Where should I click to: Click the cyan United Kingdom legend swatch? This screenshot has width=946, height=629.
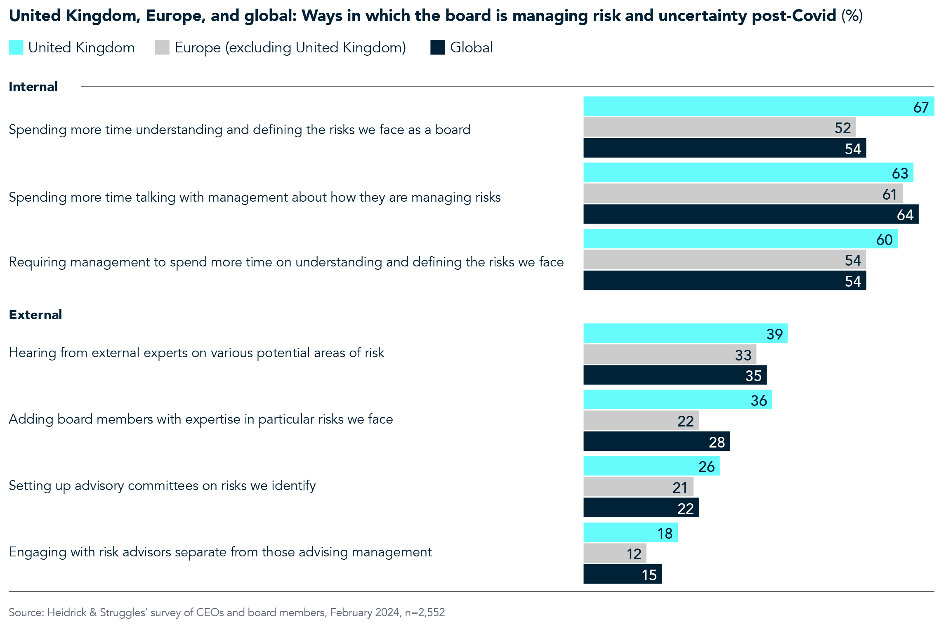pyautogui.click(x=16, y=47)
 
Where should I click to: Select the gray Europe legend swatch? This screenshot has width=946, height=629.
pyautogui.click(x=162, y=47)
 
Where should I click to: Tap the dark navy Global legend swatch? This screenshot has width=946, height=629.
pyautogui.click(x=437, y=47)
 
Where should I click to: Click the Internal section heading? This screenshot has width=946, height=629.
pyautogui.click(x=33, y=87)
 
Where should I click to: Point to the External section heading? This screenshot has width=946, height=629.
pyautogui.click(x=35, y=315)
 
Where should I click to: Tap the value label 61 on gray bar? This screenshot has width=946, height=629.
pyautogui.click(x=889, y=194)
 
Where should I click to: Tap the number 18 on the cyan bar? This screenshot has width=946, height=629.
pyautogui.click(x=665, y=533)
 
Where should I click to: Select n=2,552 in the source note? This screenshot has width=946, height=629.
pyautogui.click(x=425, y=613)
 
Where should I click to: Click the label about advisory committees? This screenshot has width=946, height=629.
pyautogui.click(x=162, y=485)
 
